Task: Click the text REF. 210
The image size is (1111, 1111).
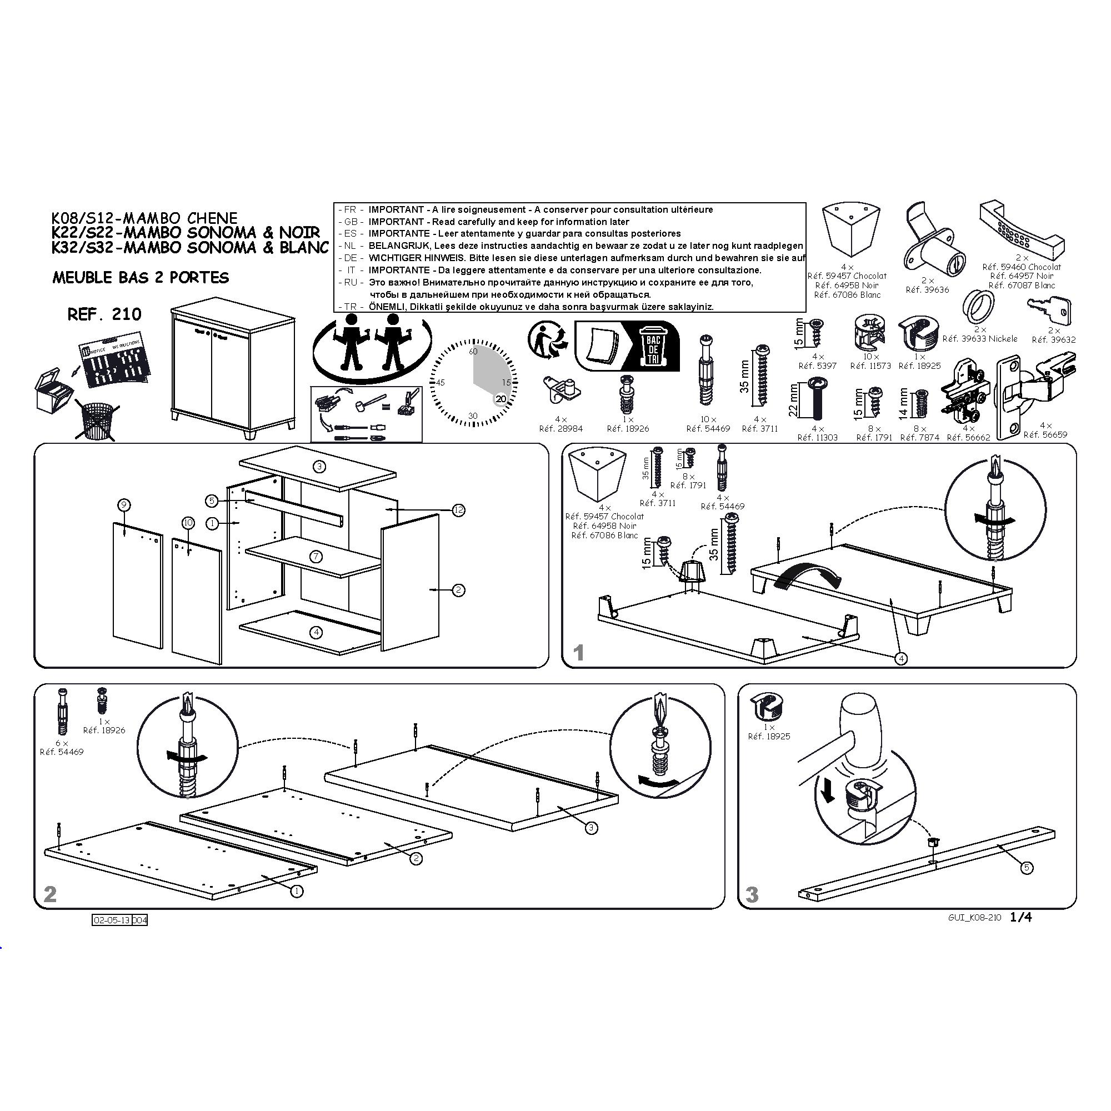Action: click(104, 314)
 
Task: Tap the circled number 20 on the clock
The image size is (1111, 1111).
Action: click(502, 398)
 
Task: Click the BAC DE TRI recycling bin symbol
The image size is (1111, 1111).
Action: click(653, 346)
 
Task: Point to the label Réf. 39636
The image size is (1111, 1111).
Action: click(928, 290)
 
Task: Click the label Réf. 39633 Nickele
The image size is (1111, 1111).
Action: click(980, 339)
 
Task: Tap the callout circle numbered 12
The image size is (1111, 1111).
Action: click(458, 510)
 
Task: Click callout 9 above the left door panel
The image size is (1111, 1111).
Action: click(124, 506)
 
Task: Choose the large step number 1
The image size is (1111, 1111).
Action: click(579, 653)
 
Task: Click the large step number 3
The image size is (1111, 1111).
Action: click(752, 895)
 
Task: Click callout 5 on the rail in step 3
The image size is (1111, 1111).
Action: click(1028, 868)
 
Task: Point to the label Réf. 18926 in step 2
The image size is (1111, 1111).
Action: click(104, 730)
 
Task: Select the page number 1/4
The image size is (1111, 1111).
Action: click(1022, 917)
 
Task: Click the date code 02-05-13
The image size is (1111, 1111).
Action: click(112, 920)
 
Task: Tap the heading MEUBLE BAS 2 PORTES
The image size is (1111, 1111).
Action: click(141, 278)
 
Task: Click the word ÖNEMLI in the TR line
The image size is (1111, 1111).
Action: click(387, 307)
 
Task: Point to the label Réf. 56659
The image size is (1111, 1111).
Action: click(1045, 435)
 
